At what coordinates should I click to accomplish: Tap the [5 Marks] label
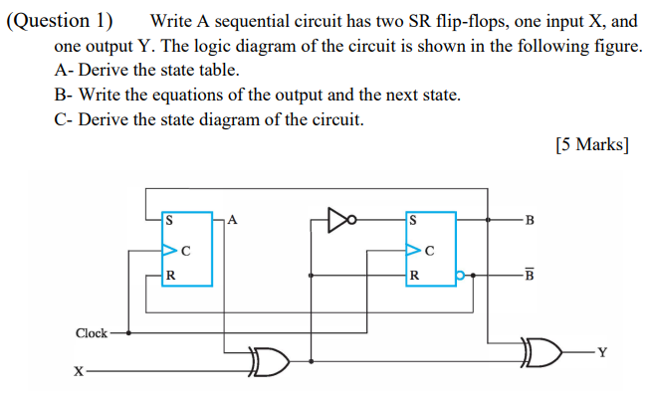[x=591, y=144]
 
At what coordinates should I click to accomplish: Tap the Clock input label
[x=92, y=333]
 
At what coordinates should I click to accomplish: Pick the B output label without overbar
[x=529, y=221]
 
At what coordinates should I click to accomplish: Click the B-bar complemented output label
[x=529, y=275]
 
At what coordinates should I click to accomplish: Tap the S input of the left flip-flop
[x=168, y=221]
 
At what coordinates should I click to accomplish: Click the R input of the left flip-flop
[x=169, y=276]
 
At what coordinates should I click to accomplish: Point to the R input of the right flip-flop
[x=413, y=276]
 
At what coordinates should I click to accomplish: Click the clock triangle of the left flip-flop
[x=169, y=249]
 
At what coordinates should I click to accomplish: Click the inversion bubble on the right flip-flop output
[x=460, y=275]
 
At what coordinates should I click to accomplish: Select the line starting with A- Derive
[x=148, y=71]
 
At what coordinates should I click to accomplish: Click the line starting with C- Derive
[x=211, y=120]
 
